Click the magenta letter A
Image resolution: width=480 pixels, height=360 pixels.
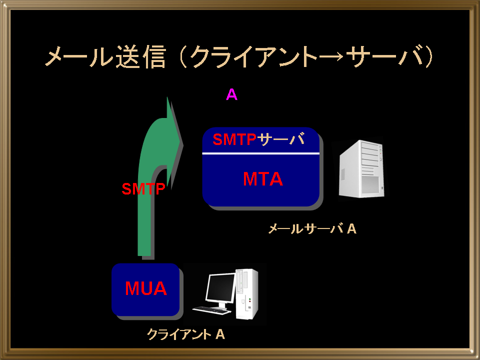pyautogui.click(x=231, y=94)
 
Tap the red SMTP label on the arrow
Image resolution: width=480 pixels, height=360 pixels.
pyautogui.click(x=143, y=189)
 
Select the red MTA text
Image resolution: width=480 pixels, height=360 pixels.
pyautogui.click(x=262, y=179)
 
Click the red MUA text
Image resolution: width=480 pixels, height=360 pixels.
pyautogui.click(x=145, y=288)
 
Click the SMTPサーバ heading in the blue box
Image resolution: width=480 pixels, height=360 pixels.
pyautogui.click(x=258, y=139)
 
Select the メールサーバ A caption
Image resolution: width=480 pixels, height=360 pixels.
pyautogui.click(x=312, y=229)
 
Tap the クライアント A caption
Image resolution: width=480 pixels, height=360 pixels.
pyautogui.click(x=186, y=334)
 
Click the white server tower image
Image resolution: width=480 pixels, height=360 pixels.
pyautogui.click(x=361, y=168)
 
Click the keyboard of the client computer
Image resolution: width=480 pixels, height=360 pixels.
pyautogui.click(x=211, y=310)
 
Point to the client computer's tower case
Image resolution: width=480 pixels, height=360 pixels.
pyautogui.click(x=246, y=294)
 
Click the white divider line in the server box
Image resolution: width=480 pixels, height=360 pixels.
pyautogui.click(x=261, y=153)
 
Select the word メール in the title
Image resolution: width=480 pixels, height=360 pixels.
pyautogui.click(x=79, y=56)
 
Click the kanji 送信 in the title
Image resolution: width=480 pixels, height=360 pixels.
pyautogui.click(x=140, y=56)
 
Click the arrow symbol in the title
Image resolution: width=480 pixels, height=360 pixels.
pyautogui.click(x=332, y=57)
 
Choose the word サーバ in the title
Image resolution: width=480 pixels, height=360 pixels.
pyautogui.click(x=383, y=56)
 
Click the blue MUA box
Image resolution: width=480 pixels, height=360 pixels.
pyautogui.click(x=145, y=289)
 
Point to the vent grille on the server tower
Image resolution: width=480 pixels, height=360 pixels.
pyautogui.click(x=370, y=184)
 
